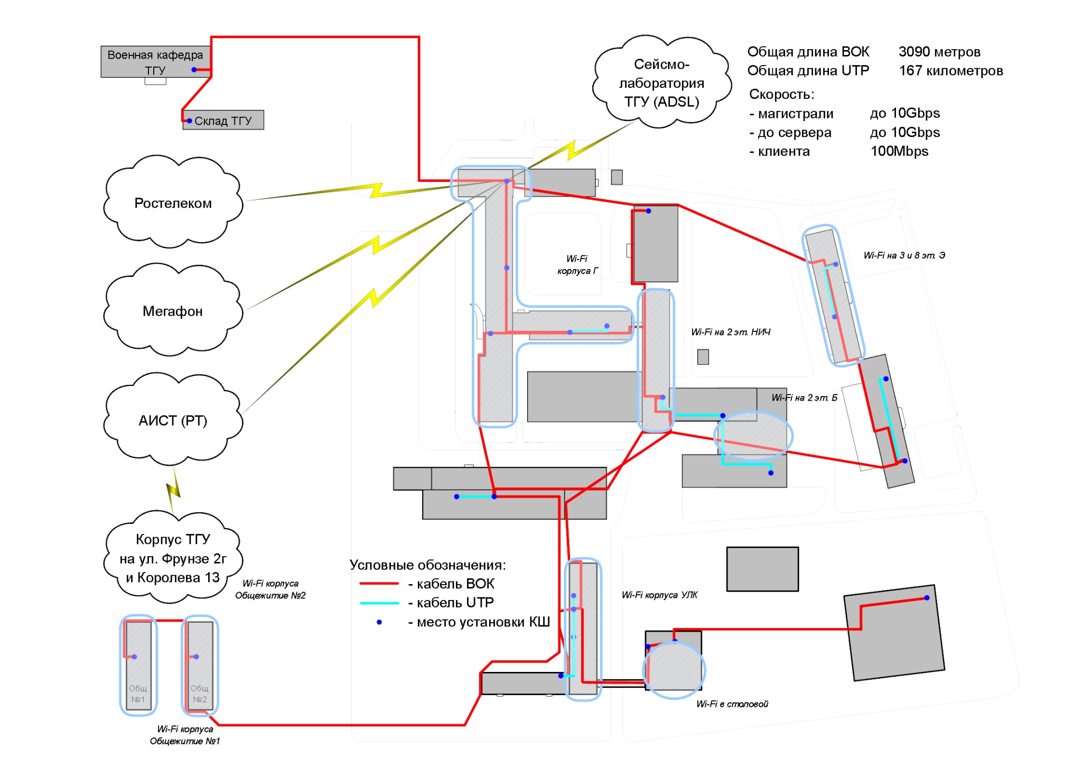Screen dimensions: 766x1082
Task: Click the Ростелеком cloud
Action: click(x=173, y=203)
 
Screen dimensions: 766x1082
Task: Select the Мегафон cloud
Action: click(x=173, y=311)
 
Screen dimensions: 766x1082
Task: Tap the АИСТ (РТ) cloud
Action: click(x=173, y=420)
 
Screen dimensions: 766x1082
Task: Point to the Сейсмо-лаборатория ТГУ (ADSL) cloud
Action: click(x=661, y=83)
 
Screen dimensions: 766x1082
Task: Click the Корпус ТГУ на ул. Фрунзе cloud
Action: click(x=173, y=558)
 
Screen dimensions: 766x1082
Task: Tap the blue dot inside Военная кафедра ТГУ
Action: click(x=194, y=70)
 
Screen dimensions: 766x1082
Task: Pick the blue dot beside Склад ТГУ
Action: click(x=189, y=121)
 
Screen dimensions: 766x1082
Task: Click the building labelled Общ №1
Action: click(x=138, y=666)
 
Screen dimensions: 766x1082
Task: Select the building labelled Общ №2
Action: click(x=200, y=666)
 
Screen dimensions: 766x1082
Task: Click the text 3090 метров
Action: click(x=939, y=52)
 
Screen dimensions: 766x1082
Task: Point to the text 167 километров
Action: click(x=950, y=71)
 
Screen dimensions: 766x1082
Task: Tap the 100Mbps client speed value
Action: click(x=899, y=151)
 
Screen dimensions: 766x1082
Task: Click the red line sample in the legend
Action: click(x=378, y=584)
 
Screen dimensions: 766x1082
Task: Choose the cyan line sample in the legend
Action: click(x=378, y=603)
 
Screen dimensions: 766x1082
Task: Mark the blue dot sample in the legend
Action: click(x=379, y=622)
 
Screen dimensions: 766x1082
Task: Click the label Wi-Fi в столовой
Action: click(x=732, y=704)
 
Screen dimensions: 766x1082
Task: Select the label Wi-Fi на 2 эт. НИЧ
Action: click(x=731, y=332)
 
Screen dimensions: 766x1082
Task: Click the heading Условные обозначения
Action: click(x=427, y=565)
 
